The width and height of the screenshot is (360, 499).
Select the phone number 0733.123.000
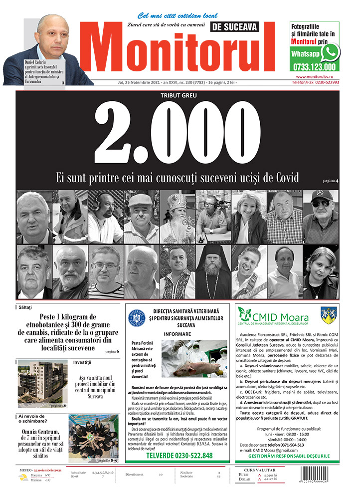[x=315, y=67]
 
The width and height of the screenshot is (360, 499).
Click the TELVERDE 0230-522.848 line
[x=179, y=456]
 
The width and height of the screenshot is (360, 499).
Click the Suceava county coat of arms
[x=327, y=315]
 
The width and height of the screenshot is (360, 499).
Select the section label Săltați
[x=28, y=307]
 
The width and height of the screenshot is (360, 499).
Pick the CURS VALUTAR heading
[x=271, y=470]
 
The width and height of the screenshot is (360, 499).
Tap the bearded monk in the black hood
[x=213, y=272]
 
